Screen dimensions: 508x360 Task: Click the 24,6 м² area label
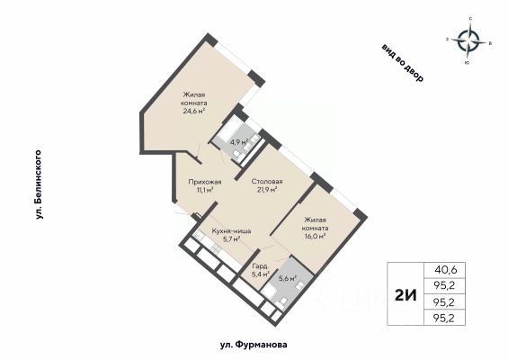tap(194, 112)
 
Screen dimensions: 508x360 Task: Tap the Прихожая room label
tap(205, 182)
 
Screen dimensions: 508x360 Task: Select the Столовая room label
tap(267, 182)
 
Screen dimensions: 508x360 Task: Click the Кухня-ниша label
tap(231, 231)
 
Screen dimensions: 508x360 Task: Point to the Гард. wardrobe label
tap(260, 266)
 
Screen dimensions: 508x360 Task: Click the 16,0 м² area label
tap(314, 237)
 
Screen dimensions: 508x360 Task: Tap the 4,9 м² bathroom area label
tap(239, 141)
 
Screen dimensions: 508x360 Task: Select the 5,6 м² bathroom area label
tap(288, 278)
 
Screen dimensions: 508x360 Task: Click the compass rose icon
tap(468, 41)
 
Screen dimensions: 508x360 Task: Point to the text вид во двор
tap(403, 63)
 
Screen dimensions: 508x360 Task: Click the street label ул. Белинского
tap(40, 184)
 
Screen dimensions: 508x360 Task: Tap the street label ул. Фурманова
tap(254, 344)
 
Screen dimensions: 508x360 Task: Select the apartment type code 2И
tap(406, 295)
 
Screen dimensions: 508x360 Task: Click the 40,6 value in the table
tap(445, 269)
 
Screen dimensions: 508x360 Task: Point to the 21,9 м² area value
tap(267, 190)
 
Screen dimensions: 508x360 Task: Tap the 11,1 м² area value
tap(205, 190)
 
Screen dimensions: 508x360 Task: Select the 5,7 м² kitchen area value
tap(231, 239)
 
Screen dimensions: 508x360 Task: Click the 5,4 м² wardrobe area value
tap(261, 274)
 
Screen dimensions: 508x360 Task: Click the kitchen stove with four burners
tap(216, 249)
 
